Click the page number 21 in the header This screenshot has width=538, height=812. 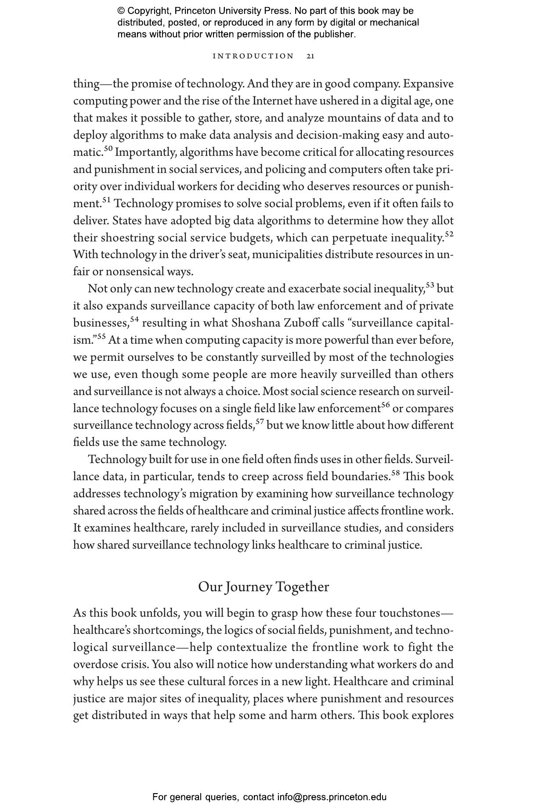(x=310, y=56)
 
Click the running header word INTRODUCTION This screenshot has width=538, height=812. (x=253, y=56)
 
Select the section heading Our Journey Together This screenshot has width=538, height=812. (x=263, y=587)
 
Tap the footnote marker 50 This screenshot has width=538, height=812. (x=108, y=149)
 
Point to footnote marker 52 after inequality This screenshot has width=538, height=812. (x=449, y=234)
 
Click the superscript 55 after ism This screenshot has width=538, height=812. (x=101, y=337)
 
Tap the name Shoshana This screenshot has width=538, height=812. (x=256, y=323)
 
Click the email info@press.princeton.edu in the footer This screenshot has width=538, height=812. (x=332, y=797)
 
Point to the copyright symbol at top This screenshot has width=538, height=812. (x=121, y=11)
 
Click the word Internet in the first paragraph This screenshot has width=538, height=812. (x=272, y=101)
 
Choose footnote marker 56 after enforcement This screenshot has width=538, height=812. (x=385, y=405)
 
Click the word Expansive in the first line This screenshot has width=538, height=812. (x=428, y=84)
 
